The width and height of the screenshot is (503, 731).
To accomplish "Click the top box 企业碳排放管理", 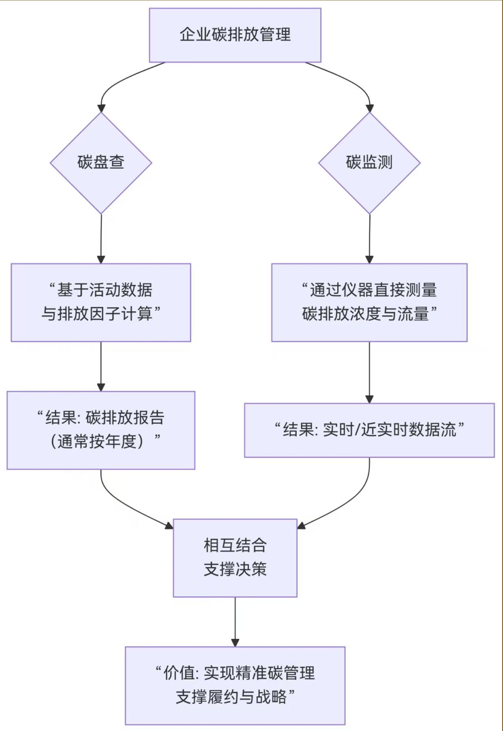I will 235,35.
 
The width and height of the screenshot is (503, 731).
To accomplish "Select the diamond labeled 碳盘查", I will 101,163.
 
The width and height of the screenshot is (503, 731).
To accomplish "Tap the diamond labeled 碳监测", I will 369,163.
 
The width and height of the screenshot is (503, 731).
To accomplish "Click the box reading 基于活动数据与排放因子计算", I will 101,302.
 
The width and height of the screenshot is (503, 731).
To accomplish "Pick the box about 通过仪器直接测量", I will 369,302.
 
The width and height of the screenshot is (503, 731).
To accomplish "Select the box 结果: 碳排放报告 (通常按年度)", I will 101,430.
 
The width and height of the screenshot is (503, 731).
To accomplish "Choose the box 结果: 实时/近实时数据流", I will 369,430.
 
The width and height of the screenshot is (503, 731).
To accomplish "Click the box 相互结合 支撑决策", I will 235,558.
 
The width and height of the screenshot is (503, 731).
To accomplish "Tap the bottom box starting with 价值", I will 235,685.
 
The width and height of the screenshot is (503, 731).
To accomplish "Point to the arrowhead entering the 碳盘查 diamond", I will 101,108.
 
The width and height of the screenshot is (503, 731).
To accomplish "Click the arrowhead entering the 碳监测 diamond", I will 369,108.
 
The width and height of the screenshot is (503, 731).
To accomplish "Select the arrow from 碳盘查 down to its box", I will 101,238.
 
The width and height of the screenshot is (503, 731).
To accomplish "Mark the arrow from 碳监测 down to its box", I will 369,238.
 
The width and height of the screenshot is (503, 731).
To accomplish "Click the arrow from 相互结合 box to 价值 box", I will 235,621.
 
